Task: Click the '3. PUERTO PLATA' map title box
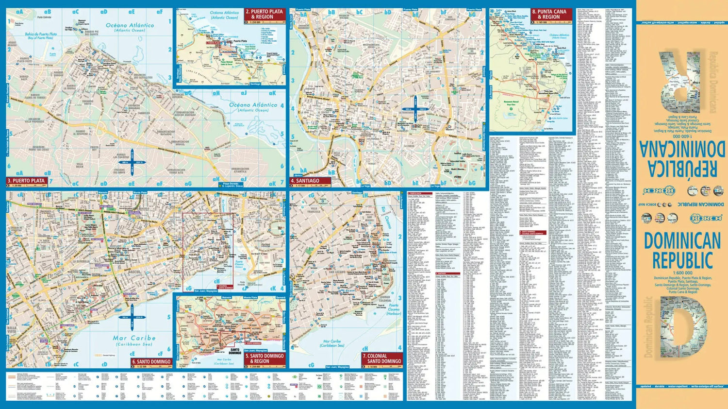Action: pyautogui.click(x=27, y=181)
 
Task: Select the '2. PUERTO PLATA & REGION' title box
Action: pyautogui.click(x=265, y=14)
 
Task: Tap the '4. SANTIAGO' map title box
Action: pyautogui.click(x=306, y=181)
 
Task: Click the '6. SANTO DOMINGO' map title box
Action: pyautogui.click(x=151, y=361)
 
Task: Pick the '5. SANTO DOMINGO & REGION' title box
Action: pyautogui.click(x=265, y=358)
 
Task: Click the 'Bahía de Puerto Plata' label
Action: pyautogui.click(x=41, y=35)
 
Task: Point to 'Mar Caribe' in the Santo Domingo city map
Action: pyautogui.click(x=134, y=338)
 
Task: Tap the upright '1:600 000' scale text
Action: pyautogui.click(x=682, y=273)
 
